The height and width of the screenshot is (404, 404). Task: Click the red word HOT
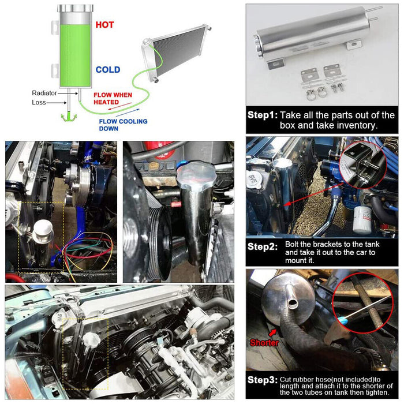pos(104,25)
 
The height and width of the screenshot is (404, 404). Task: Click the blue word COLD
pos(108,70)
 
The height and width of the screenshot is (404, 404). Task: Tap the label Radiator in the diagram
pos(44,93)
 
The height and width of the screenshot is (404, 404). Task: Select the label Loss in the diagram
pos(39,103)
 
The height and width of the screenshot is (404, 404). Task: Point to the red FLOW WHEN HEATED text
pos(113,99)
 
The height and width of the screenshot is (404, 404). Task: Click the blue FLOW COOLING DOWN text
pos(123,125)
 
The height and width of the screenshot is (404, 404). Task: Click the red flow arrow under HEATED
pos(119,106)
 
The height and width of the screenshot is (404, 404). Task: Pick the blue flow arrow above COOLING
pos(128,113)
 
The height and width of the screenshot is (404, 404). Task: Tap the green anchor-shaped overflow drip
pos(69,117)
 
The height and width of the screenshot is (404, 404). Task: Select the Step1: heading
pos(263,115)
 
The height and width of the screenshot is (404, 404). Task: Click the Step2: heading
pos(263,246)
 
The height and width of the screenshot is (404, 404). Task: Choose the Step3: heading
pos(263,380)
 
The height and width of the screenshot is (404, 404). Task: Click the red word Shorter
pos(264,342)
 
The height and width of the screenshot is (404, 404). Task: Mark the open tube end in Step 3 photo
pos(293,304)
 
